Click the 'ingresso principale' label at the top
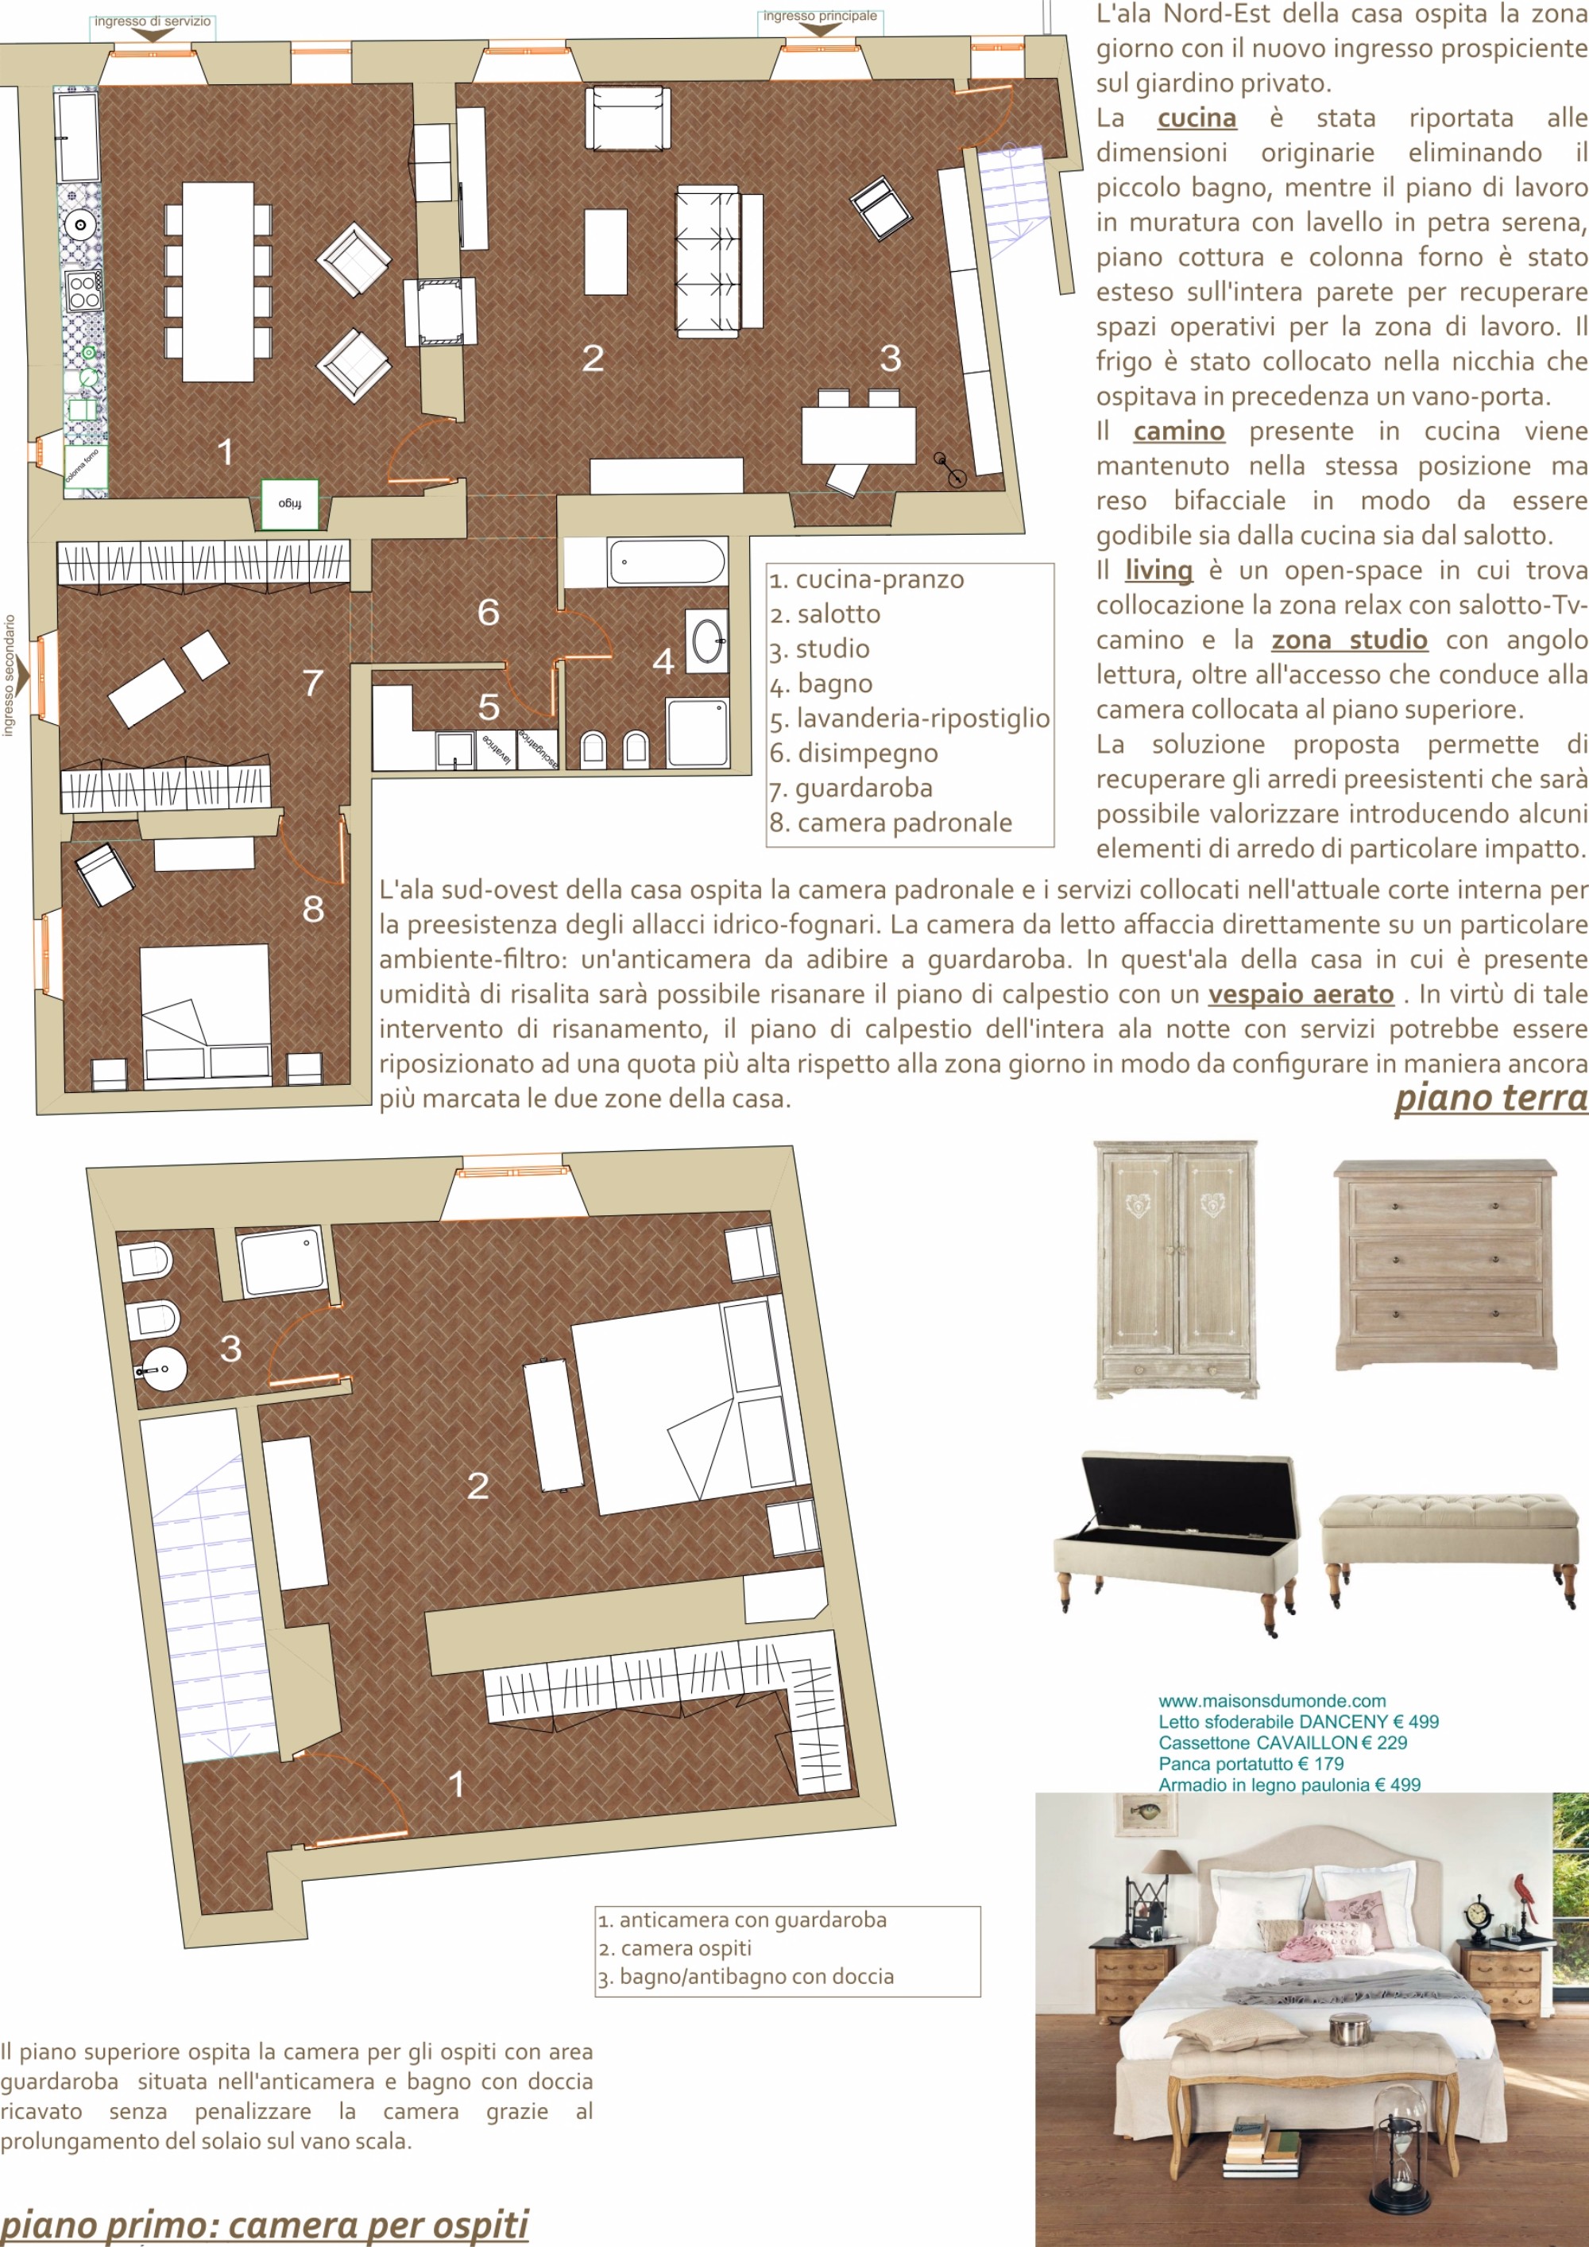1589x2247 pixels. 820,16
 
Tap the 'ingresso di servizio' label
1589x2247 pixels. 152,21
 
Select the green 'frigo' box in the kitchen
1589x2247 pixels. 291,503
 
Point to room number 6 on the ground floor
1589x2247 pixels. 489,612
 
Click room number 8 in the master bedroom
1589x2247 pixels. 313,908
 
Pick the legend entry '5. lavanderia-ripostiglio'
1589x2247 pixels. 909,718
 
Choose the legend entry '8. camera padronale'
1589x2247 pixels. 891,822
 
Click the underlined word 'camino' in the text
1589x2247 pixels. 1179,431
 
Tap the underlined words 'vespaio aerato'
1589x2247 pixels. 1301,994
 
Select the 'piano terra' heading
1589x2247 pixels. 1491,1097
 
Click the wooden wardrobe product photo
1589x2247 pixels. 1175,1269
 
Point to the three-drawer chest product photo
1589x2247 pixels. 1445,1265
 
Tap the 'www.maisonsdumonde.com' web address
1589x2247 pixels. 1272,1701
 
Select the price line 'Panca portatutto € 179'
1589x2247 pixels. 1251,1764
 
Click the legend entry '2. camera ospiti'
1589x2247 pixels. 675,1947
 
